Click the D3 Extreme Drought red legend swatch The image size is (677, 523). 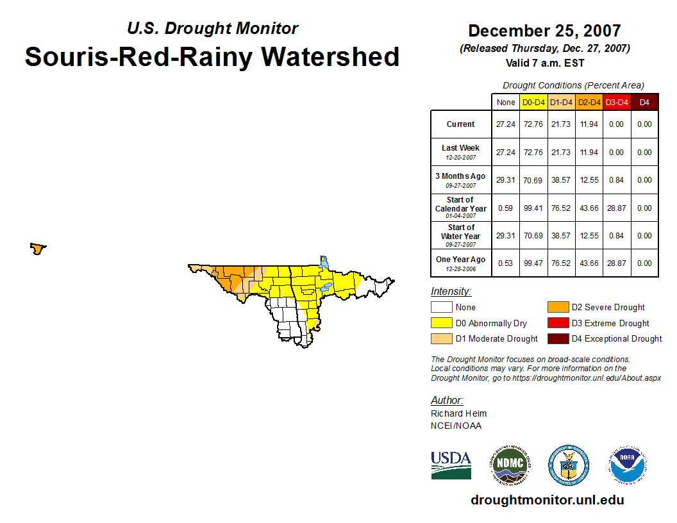[x=557, y=323]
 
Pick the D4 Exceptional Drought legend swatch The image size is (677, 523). [x=557, y=338]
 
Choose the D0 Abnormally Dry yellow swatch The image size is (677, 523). [x=442, y=323]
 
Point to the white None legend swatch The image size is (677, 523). [x=442, y=308]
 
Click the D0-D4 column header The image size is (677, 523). [x=533, y=103]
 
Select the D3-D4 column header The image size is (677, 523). [x=617, y=103]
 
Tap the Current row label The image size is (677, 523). [x=461, y=124]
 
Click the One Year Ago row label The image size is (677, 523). [x=461, y=260]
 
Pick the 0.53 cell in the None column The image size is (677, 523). [x=506, y=263]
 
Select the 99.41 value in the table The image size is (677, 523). [x=533, y=208]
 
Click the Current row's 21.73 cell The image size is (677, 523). [x=561, y=124]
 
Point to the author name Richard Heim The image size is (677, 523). [x=458, y=413]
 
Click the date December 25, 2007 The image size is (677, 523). [x=544, y=31]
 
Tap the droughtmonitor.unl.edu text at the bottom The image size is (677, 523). [x=547, y=500]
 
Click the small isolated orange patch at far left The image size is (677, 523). [x=38, y=248]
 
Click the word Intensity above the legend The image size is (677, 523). [x=451, y=292]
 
